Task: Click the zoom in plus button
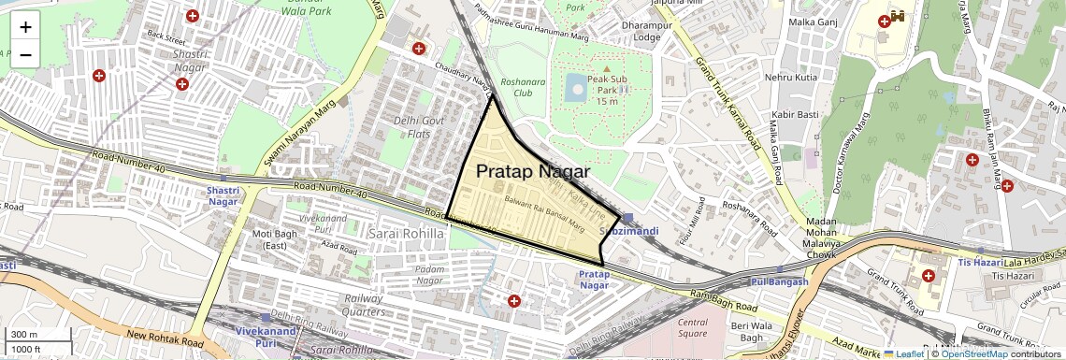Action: click(25, 26)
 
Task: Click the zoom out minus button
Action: click(25, 54)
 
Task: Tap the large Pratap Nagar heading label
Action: click(533, 172)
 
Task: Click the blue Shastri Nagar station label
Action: click(223, 195)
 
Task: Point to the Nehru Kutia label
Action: click(791, 77)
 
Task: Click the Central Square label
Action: click(692, 327)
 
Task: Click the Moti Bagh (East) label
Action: click(263, 238)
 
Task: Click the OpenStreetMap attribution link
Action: click(973, 353)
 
